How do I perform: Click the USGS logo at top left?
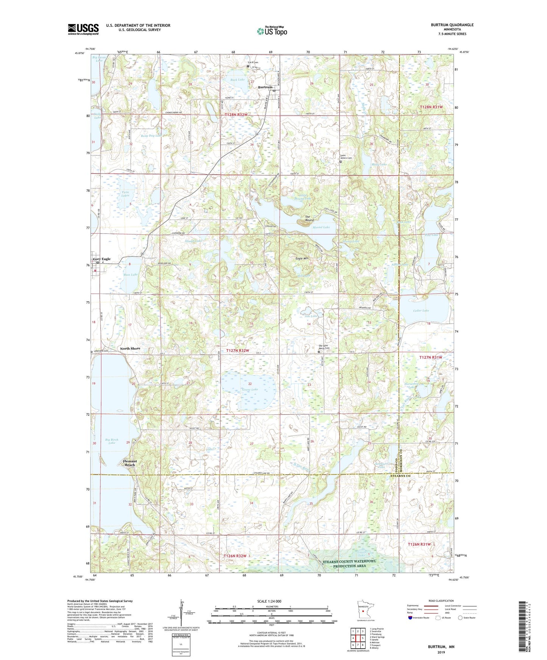tap(83, 29)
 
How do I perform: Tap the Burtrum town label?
tap(265, 87)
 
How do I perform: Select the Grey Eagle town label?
tap(102, 259)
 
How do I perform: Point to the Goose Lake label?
tap(250, 389)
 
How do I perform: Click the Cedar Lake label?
tap(421, 311)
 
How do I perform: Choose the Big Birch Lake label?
tap(112, 441)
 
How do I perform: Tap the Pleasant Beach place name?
tap(130, 463)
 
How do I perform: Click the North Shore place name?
tap(130, 349)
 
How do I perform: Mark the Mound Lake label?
tap(321, 227)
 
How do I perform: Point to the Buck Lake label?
tap(238, 80)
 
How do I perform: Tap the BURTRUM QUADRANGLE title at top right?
tap(452, 25)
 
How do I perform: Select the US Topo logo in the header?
tap(271, 31)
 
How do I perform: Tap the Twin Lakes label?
tap(125, 194)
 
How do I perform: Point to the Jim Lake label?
tap(311, 316)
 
